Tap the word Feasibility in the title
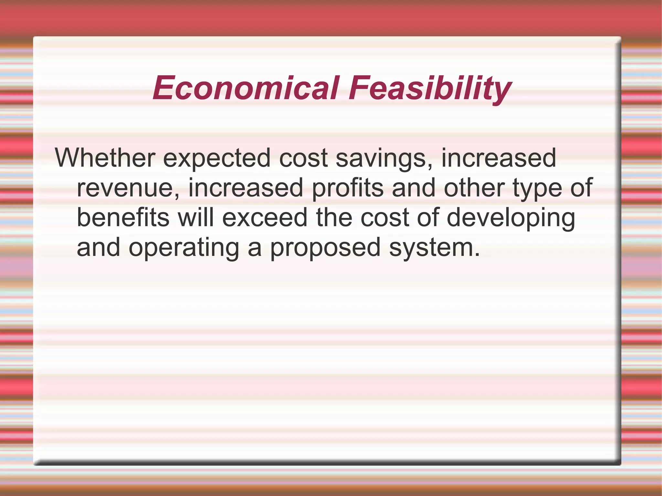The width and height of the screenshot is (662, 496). [430, 88]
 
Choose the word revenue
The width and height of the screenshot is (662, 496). [128, 188]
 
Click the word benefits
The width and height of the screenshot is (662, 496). [123, 217]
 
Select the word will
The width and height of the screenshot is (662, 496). [196, 217]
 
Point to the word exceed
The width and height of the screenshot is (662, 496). [265, 217]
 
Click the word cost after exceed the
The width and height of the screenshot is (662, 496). [385, 218]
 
